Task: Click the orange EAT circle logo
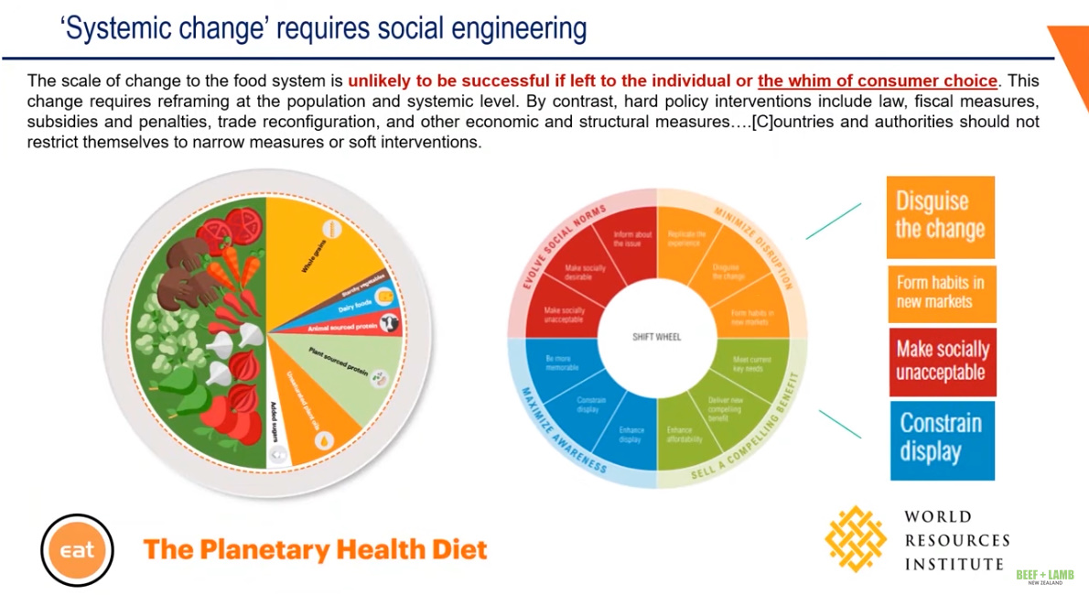click(78, 550)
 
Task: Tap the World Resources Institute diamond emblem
click(855, 538)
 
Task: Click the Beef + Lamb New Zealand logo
click(1044, 577)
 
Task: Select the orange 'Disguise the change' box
click(940, 217)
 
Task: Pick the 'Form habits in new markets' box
click(941, 293)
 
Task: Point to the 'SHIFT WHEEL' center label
click(657, 337)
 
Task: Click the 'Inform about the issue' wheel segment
click(632, 240)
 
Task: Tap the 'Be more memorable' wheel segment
click(562, 363)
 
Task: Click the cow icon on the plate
click(390, 323)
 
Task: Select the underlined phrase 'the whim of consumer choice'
click(877, 81)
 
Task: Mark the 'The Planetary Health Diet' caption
click(315, 549)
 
